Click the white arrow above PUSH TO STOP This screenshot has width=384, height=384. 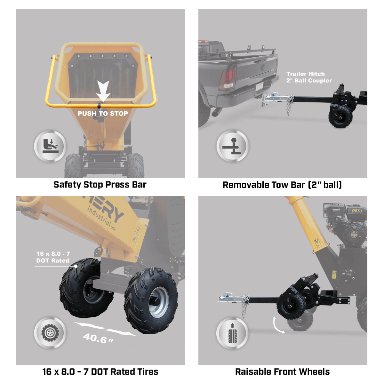tap(103, 91)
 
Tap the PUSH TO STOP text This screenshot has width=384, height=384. tap(103, 114)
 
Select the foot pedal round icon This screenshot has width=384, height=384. tap(50, 146)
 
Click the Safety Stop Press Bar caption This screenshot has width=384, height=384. tap(100, 185)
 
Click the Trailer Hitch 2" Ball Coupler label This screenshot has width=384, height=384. tap(308, 77)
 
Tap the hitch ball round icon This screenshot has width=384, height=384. tap(233, 146)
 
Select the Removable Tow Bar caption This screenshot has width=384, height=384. tap(282, 185)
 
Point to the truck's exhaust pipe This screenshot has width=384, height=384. tap(217, 112)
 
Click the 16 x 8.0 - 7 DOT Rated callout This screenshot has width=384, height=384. tap(53, 257)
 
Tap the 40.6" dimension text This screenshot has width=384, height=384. tap(98, 338)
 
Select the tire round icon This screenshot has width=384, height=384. tap(50, 333)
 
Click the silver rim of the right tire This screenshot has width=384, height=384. tap(158, 302)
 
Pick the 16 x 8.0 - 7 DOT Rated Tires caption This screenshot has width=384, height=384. tap(100, 372)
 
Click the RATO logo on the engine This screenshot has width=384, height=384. tap(356, 211)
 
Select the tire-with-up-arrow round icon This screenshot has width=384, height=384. tap(232, 333)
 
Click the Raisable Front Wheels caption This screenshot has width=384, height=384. tap(282, 372)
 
